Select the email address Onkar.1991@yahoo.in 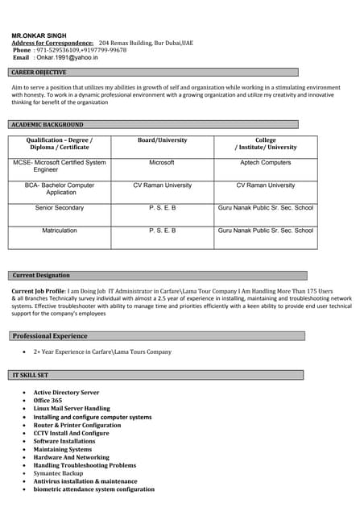[x=66, y=58]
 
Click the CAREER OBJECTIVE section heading [x=39, y=73]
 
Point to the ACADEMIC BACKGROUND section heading [x=47, y=125]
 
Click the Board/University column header [x=162, y=140]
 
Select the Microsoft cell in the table [x=162, y=163]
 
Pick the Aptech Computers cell [x=265, y=163]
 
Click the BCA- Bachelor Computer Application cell [x=60, y=189]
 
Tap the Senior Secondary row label [x=60, y=208]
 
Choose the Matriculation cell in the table [x=60, y=231]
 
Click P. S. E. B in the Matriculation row [x=162, y=231]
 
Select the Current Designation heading [x=41, y=276]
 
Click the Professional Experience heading [x=50, y=335]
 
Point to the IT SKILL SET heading [x=31, y=376]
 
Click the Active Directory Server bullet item [x=66, y=393]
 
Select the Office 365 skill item [x=48, y=401]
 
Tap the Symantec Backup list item [x=58, y=473]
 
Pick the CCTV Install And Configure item [x=71, y=433]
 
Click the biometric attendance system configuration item [x=93, y=489]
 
